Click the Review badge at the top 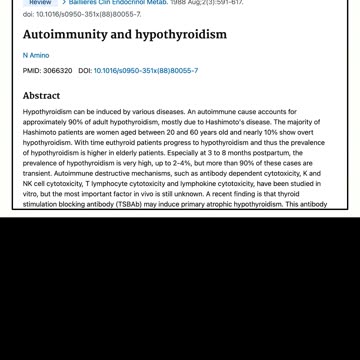[40, 3]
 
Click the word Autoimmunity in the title [65, 34]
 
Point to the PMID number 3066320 [58, 72]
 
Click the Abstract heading [41, 96]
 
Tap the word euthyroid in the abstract [102, 142]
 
